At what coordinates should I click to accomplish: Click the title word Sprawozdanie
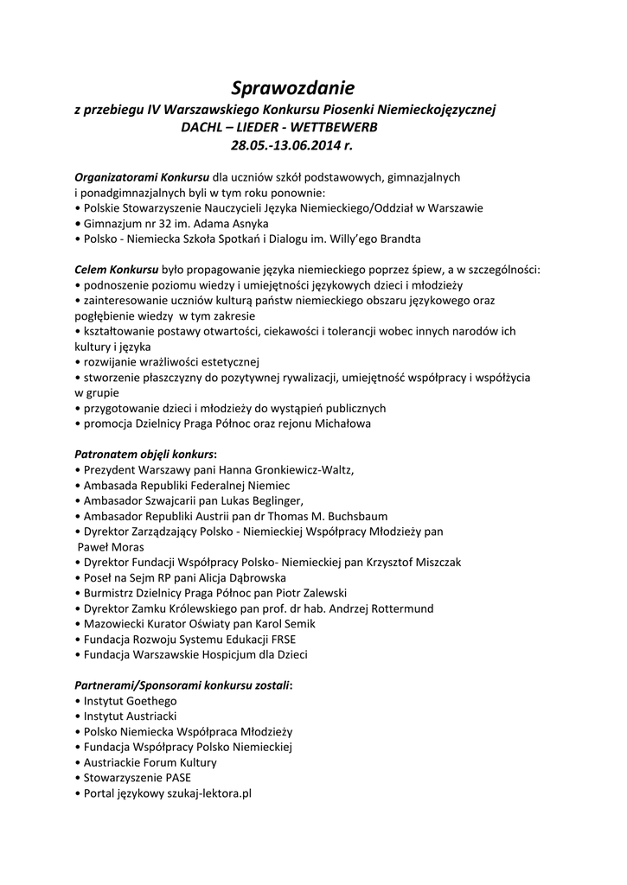tap(292, 87)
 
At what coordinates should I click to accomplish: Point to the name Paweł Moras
tap(111, 547)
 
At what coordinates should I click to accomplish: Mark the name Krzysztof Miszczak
tap(411, 562)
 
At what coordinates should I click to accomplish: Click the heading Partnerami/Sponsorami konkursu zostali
tap(182, 685)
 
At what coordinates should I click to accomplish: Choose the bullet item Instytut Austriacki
tap(130, 716)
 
